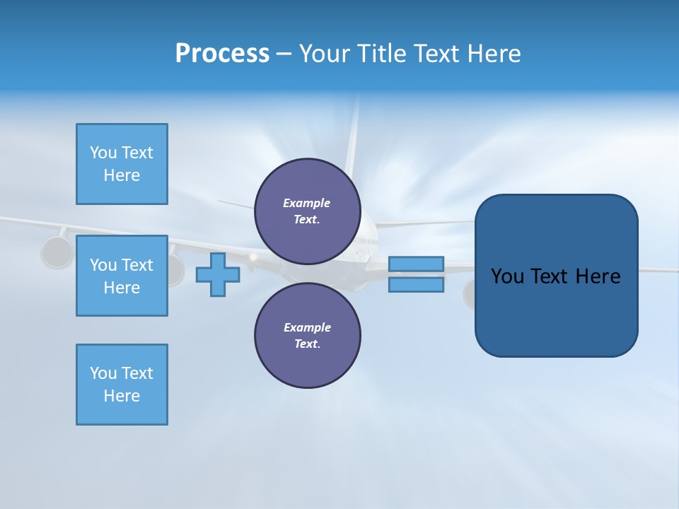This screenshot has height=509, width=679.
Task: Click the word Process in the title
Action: [x=222, y=54]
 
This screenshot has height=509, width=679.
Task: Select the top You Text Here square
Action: [x=122, y=164]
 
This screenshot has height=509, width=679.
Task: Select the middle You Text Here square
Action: [x=122, y=276]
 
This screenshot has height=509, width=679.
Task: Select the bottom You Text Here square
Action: [x=122, y=385]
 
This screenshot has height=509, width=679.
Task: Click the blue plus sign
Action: [x=217, y=274]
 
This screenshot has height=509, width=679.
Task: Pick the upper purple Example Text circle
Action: [x=307, y=211]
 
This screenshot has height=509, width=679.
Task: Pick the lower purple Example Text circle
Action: [x=307, y=336]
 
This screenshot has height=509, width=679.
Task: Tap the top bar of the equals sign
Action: [x=416, y=264]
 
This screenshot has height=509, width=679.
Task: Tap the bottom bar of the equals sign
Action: [x=416, y=285]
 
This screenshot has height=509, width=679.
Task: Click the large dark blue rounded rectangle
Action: [x=556, y=311]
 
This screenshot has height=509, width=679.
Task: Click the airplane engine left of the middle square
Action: [x=57, y=252]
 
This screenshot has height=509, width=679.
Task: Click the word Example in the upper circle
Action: [x=306, y=203]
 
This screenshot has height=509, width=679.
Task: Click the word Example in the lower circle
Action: [x=307, y=327]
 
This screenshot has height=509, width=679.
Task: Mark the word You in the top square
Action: [x=103, y=153]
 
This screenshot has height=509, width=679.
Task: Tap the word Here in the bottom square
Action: [x=122, y=396]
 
